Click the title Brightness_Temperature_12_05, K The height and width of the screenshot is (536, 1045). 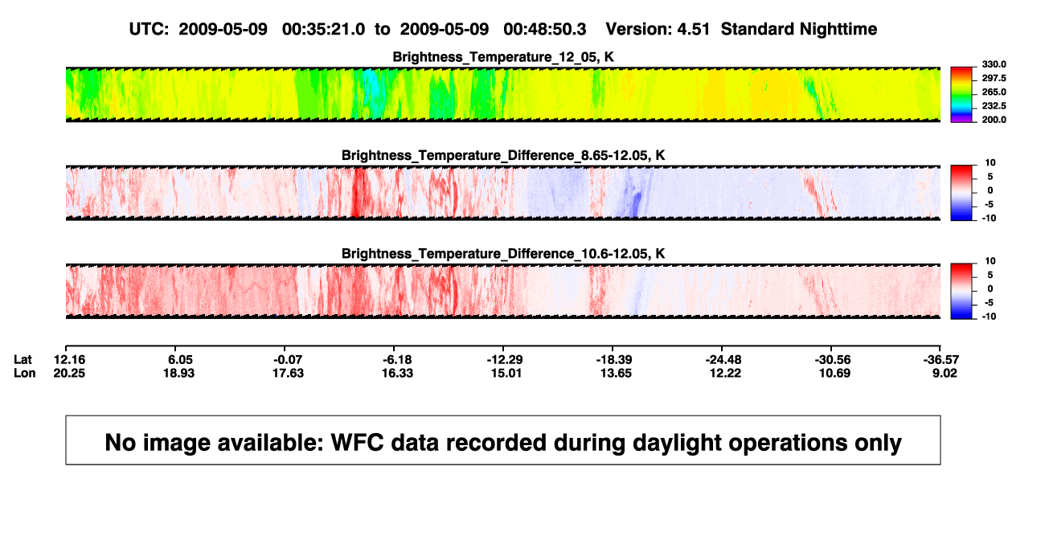(x=503, y=57)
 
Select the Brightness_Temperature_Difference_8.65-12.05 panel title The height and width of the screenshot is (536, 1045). (x=503, y=155)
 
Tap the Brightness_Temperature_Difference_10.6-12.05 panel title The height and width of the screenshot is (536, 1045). (x=503, y=254)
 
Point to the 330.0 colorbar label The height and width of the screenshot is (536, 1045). (x=994, y=64)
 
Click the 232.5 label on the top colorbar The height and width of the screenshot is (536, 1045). (x=994, y=106)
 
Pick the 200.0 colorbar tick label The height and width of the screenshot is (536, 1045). (x=994, y=120)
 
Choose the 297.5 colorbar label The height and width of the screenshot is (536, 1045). (x=994, y=79)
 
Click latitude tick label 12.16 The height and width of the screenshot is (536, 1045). (x=69, y=360)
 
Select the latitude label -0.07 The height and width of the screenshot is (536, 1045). (x=288, y=360)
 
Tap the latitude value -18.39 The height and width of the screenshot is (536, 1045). (x=614, y=360)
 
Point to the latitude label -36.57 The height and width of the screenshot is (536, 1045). (x=941, y=360)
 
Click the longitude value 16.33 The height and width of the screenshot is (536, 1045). (x=397, y=373)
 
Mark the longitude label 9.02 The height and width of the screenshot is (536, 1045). (x=945, y=373)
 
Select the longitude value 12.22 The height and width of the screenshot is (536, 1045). (x=725, y=373)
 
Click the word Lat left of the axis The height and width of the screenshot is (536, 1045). (x=23, y=360)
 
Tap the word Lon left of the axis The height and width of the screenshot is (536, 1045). (x=25, y=373)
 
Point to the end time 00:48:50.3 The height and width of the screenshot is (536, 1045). (x=545, y=29)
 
